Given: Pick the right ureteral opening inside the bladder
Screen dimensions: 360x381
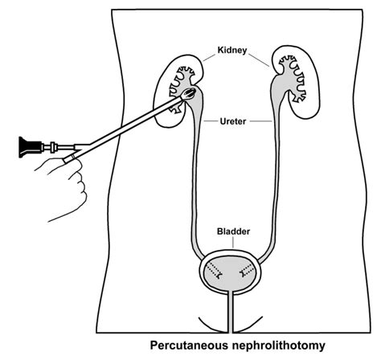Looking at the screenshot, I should click(x=249, y=273).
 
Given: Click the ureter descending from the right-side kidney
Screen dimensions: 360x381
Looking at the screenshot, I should click(x=275, y=177).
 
